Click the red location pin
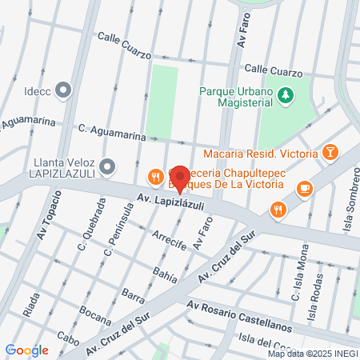pos(180,178)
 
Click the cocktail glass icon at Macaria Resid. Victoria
pos(330,152)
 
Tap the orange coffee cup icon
pos(303,189)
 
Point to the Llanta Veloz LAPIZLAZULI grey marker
pos(109,167)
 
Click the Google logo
pos(26,350)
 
